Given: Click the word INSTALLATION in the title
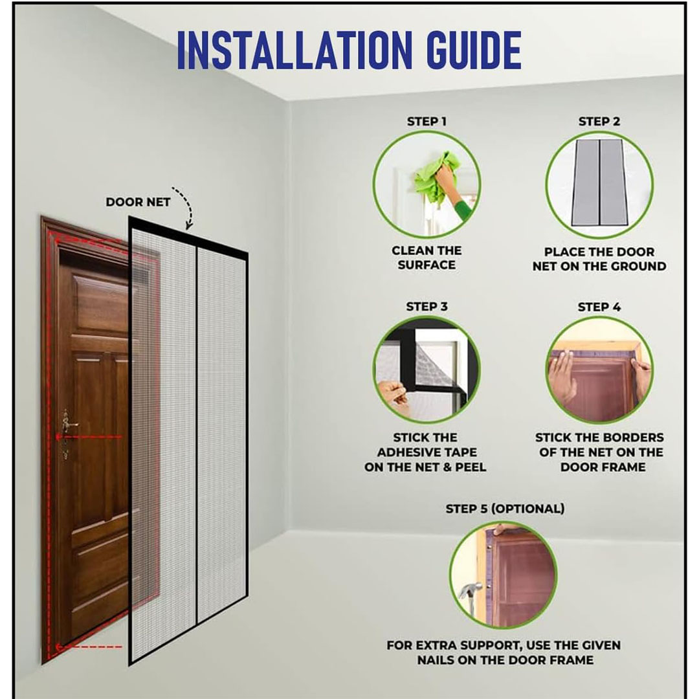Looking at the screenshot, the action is pyautogui.click(x=294, y=50).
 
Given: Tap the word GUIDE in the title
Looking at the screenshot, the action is pyautogui.click(x=473, y=50).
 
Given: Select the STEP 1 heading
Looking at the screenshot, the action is pyautogui.click(x=426, y=121).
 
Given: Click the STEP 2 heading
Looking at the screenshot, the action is pyautogui.click(x=599, y=121).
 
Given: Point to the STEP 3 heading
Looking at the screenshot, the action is pyautogui.click(x=427, y=307).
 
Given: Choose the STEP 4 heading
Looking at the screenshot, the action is pyautogui.click(x=599, y=307).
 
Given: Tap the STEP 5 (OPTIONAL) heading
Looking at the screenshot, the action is pyautogui.click(x=505, y=509).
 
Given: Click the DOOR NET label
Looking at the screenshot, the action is pyautogui.click(x=138, y=203).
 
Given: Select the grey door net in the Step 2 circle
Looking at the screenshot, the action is pyautogui.click(x=599, y=183).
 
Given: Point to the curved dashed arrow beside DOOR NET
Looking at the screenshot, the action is pyautogui.click(x=185, y=205).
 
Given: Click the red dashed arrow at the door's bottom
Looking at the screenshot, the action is pyautogui.click(x=89, y=647).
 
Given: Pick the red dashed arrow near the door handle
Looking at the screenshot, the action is pyautogui.click(x=89, y=438).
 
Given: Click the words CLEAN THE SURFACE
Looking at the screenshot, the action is pyautogui.click(x=427, y=258).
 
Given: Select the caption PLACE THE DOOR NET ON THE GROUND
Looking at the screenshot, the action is pyautogui.click(x=599, y=259).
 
